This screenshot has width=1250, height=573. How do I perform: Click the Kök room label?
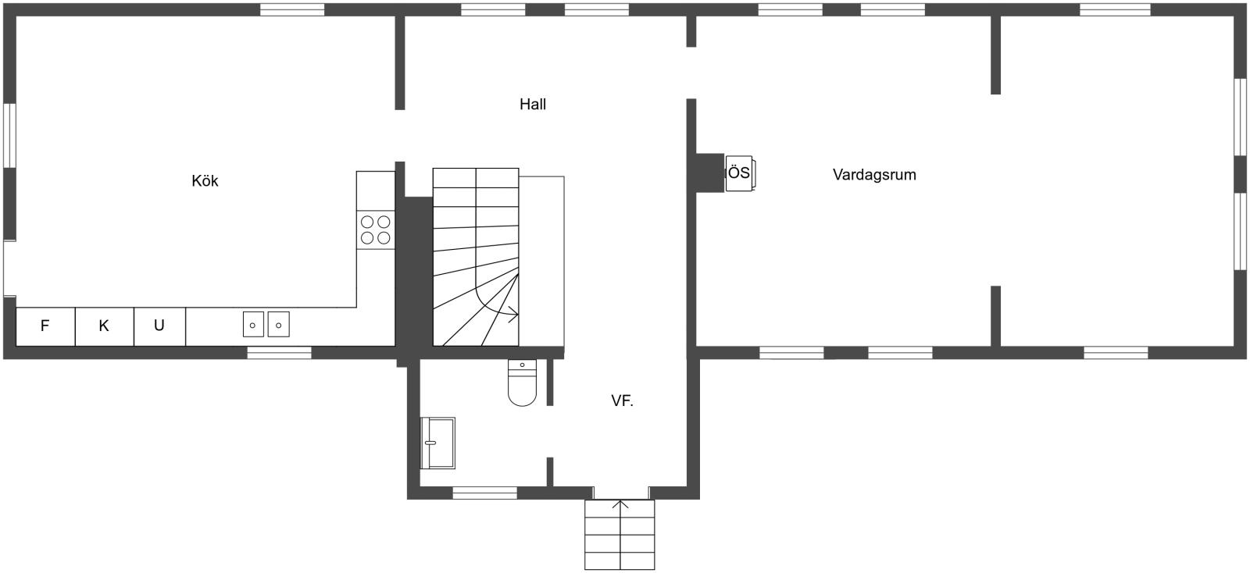(x=205, y=181)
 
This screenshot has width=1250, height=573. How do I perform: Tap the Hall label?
(x=533, y=104)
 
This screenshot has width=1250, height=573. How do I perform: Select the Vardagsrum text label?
(x=874, y=175)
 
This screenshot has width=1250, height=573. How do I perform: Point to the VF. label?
(x=622, y=401)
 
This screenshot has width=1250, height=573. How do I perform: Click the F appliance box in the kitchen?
(x=45, y=326)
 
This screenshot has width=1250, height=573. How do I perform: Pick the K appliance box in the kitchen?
(x=104, y=326)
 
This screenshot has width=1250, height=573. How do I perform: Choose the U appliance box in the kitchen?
(x=159, y=326)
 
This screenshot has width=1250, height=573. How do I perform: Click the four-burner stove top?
(x=375, y=230)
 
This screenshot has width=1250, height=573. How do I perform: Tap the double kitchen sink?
(x=266, y=324)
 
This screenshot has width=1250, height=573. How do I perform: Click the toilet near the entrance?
(x=522, y=383)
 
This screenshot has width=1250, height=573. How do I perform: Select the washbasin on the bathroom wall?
(x=437, y=443)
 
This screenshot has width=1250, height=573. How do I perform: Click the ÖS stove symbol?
(x=739, y=173)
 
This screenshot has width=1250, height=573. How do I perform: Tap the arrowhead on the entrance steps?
(x=620, y=505)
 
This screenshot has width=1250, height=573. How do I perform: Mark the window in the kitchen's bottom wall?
(x=279, y=353)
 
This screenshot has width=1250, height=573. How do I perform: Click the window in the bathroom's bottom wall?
(x=484, y=493)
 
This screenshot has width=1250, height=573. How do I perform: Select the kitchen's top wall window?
(x=291, y=9)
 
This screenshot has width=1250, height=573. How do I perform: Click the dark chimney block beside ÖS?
(x=709, y=172)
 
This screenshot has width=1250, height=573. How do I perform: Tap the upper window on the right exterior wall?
(x=1240, y=116)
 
